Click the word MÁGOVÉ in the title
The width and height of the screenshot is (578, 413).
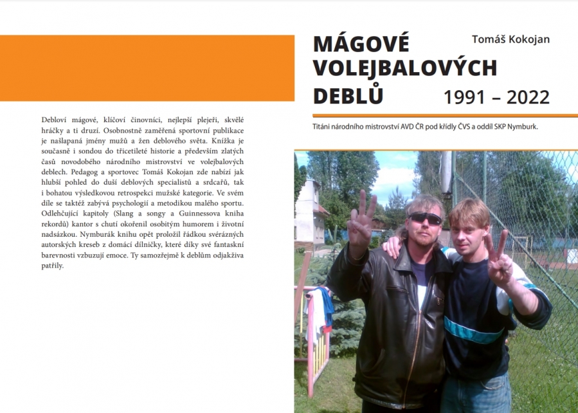361,44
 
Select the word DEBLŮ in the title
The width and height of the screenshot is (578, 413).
348,95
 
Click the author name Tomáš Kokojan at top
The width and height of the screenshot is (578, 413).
510,40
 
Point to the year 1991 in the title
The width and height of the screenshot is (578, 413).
466,97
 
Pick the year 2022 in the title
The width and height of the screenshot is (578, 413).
528,97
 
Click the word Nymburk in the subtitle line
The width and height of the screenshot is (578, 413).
521,127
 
